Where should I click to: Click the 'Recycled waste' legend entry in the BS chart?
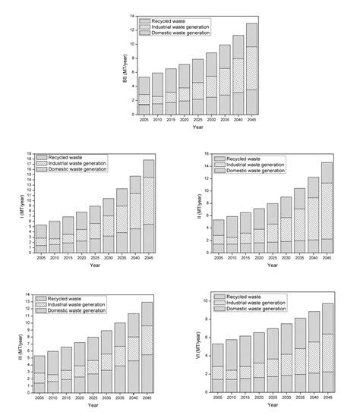(x=163, y=19)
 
